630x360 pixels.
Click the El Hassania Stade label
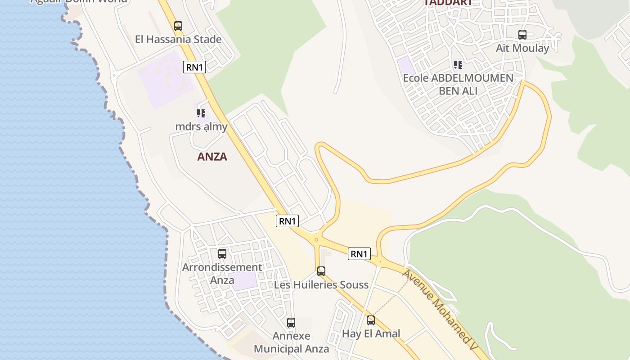178,40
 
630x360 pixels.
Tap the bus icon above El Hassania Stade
178,26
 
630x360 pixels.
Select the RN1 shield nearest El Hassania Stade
195,67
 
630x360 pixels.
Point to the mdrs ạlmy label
201,126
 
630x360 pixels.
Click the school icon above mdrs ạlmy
201,113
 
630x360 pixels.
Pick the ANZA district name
212,157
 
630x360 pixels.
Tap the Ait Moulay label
522,48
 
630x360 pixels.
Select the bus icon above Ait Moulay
522,35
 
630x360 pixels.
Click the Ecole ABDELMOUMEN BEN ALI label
458,84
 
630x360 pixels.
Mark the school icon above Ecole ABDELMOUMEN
458,65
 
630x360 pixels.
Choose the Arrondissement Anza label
222,273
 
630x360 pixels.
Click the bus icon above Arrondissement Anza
222,254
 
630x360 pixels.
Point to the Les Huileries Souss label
321,285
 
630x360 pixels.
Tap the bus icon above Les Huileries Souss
321,271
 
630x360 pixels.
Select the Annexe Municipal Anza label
291,342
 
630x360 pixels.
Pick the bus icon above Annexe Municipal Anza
291,323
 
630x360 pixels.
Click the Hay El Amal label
371,334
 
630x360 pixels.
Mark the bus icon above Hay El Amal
371,320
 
